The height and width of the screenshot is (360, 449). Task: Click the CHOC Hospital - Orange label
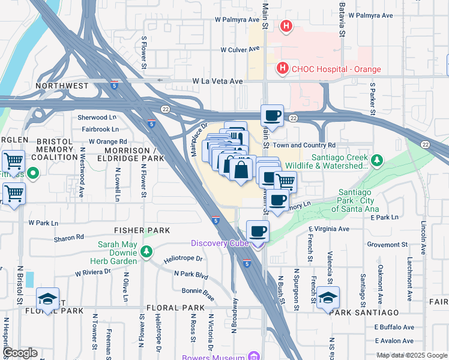tap(336, 69)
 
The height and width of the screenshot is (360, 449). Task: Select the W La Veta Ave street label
tap(217, 81)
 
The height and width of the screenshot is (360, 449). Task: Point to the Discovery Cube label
tap(219, 243)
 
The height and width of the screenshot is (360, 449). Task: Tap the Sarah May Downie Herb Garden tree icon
tap(146, 251)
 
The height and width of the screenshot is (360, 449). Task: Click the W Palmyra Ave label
tap(237, 19)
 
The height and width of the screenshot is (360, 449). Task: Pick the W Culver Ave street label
tap(240, 50)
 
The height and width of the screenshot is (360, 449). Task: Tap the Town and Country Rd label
tap(304, 145)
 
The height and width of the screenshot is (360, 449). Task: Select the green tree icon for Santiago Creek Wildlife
tap(376, 160)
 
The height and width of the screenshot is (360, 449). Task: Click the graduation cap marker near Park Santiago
tap(328, 298)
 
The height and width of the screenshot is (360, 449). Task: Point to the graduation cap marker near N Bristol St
tap(47, 299)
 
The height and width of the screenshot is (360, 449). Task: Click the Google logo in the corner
tap(19, 353)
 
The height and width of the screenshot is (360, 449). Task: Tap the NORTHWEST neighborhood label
tap(61, 86)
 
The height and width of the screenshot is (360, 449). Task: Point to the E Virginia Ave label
tap(328, 229)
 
